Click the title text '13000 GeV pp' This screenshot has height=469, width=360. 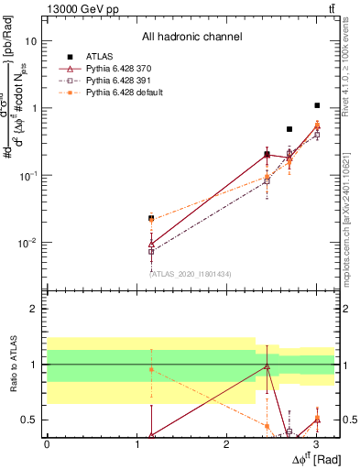77,8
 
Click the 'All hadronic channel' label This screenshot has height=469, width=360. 191,38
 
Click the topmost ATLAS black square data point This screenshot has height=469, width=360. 317,105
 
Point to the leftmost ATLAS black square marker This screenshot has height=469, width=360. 151,218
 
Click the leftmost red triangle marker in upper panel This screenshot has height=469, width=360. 151,245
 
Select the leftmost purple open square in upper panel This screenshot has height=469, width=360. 151,251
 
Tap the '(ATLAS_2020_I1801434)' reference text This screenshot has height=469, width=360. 191,274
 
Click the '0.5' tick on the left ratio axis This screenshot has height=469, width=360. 27,420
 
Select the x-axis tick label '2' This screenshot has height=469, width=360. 226,445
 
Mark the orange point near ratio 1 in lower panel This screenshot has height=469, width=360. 151,368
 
